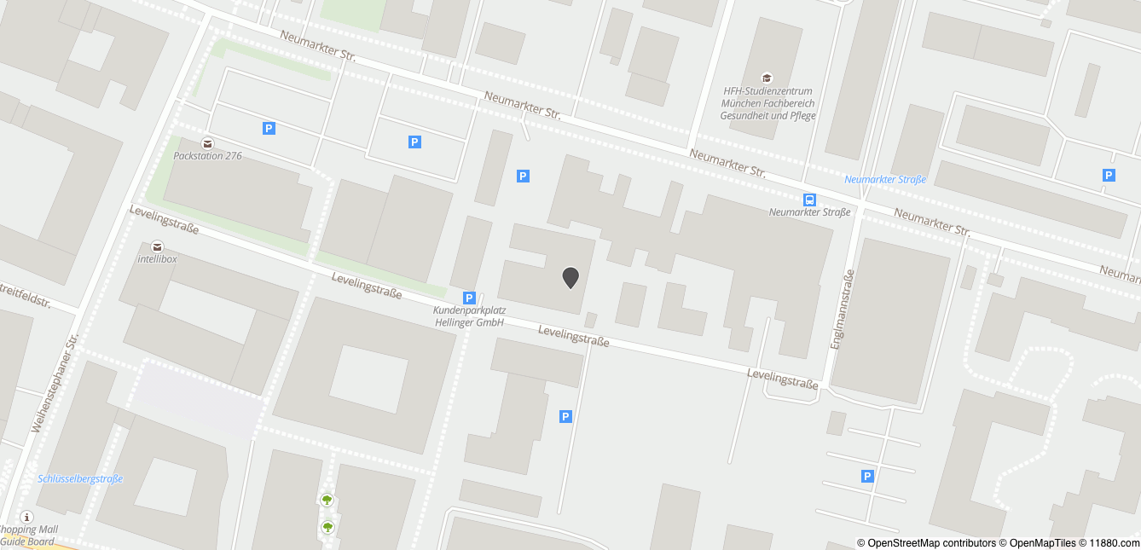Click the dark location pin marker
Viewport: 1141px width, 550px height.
pyautogui.click(x=570, y=277)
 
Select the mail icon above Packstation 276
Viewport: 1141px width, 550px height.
pyautogui.click(x=206, y=142)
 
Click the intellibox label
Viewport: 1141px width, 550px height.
pyautogui.click(x=157, y=258)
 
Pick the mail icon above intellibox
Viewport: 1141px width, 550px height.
pyautogui.click(x=157, y=246)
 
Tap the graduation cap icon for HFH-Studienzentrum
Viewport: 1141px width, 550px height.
pyautogui.click(x=767, y=78)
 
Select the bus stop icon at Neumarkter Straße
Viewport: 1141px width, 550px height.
pyautogui.click(x=808, y=200)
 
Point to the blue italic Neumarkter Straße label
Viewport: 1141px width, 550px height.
pyautogui.click(x=884, y=179)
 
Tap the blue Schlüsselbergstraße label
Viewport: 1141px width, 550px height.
pyautogui.click(x=80, y=478)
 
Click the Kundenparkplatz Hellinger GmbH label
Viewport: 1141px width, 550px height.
pyautogui.click(x=469, y=316)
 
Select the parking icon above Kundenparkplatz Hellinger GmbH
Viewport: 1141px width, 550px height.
pyautogui.click(x=469, y=298)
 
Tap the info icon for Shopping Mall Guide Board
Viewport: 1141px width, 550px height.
pyautogui.click(x=26, y=517)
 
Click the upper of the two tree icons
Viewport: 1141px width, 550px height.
pyautogui.click(x=327, y=500)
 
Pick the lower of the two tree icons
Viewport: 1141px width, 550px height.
pyautogui.click(x=327, y=527)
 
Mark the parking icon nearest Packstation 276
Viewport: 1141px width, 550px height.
pyautogui.click(x=269, y=129)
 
